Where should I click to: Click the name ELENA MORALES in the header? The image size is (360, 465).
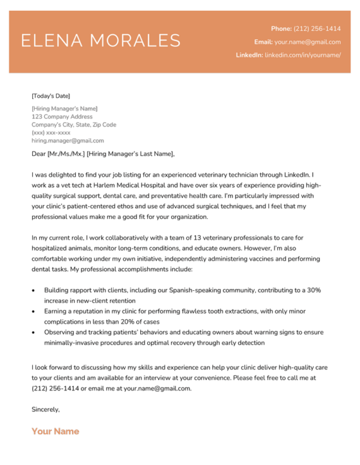pyautogui.click(x=101, y=41)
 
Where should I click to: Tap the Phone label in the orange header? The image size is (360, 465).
pyautogui.click(x=281, y=29)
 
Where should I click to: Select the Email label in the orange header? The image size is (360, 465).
pyautogui.click(x=264, y=42)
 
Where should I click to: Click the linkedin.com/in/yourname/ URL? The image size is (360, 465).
pyautogui.click(x=302, y=55)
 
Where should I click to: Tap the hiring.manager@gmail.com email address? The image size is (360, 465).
pyautogui.click(x=67, y=140)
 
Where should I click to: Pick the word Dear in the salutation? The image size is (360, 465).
pyautogui.click(x=39, y=154)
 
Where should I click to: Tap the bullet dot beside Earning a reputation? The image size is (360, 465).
pyautogui.click(x=34, y=311)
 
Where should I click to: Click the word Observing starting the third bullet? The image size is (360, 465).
pyautogui.click(x=60, y=332)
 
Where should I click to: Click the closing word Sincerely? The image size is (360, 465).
pyautogui.click(x=46, y=409)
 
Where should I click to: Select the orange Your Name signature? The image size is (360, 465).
pyautogui.click(x=55, y=431)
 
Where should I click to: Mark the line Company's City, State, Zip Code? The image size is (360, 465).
pyautogui.click(x=74, y=125)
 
